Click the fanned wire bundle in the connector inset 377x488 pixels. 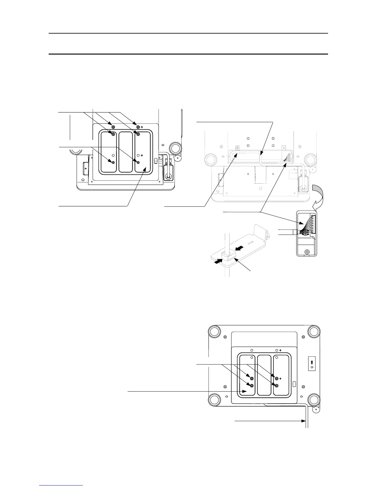pos(304,229)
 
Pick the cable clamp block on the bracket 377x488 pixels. pos(227,254)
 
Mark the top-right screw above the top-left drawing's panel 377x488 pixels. pos(138,127)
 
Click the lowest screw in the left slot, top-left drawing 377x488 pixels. pos(113,162)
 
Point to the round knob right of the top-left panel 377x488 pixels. pos(175,148)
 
